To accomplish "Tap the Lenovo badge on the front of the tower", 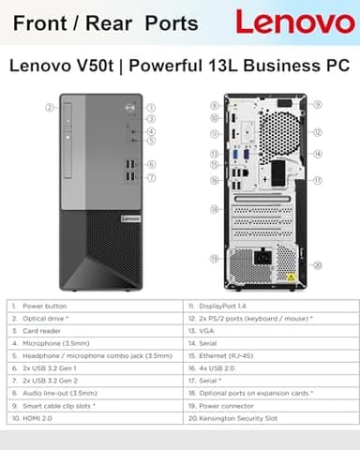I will tap(128, 217).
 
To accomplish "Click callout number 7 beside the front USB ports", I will tap(152, 177).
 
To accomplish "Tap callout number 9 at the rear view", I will tap(318, 105).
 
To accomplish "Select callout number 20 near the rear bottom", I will tap(318, 265).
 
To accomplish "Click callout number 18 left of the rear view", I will tap(214, 208).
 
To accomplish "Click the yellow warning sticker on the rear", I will tap(290, 277).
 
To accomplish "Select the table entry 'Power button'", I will tap(44, 306).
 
